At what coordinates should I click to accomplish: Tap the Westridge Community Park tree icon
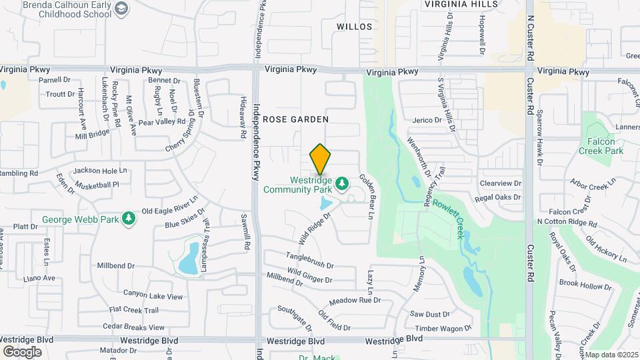[x=341, y=183]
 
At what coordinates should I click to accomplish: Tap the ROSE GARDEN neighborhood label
[x=295, y=119]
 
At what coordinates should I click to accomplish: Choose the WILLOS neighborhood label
[x=353, y=27]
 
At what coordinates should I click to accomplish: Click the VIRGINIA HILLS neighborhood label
[x=461, y=4]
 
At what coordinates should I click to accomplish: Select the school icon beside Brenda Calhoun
[x=121, y=8]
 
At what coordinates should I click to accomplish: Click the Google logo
[x=22, y=351]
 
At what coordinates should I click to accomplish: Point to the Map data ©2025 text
[x=611, y=355]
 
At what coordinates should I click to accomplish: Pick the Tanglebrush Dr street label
[x=310, y=260]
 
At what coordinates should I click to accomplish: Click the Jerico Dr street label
[x=427, y=120]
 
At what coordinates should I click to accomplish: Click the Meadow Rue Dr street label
[x=355, y=301]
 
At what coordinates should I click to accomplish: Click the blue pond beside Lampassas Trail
[x=188, y=259]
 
